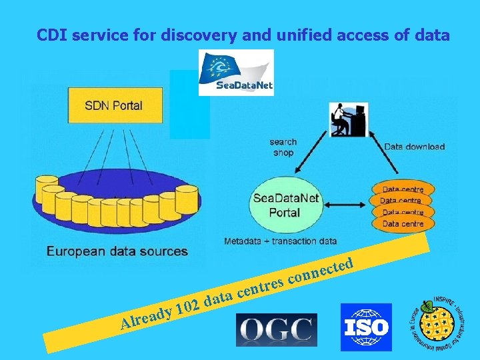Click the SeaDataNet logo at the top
tap(236, 72)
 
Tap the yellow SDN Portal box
tap(113, 105)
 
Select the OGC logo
tap(277, 330)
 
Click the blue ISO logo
tap(366, 327)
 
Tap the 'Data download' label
tap(414, 147)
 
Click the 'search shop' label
tap(283, 147)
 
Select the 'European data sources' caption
tap(117, 251)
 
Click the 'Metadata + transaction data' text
tap(281, 241)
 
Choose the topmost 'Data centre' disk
tap(402, 189)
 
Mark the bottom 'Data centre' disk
tap(402, 224)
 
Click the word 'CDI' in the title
tap(51, 35)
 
